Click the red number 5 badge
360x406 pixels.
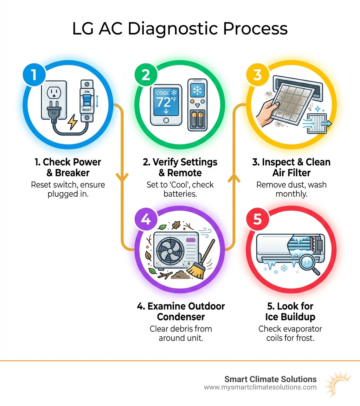point(257,219)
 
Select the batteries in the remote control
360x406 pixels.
point(197,120)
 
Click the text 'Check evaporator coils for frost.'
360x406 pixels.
point(290,334)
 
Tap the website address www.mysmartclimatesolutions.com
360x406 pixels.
point(260,387)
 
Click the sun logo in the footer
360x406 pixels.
point(339,383)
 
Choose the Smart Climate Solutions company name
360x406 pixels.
point(270,379)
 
